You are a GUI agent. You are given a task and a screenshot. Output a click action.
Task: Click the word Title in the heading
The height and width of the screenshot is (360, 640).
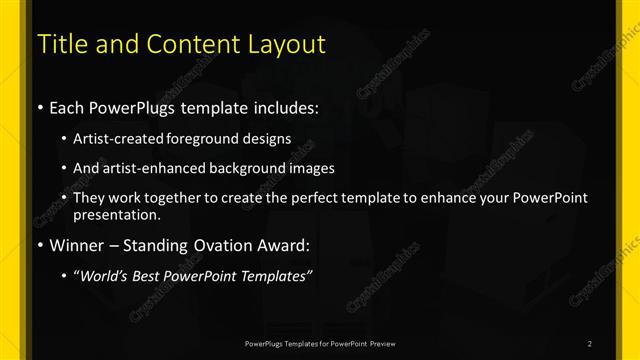tap(60, 45)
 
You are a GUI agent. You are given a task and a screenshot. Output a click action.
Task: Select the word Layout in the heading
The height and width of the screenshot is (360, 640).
tap(287, 45)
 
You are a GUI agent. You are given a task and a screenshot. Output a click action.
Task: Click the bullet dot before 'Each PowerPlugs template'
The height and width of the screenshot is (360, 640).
tap(39, 107)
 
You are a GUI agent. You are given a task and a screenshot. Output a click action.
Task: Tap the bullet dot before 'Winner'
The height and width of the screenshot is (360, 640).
tap(39, 244)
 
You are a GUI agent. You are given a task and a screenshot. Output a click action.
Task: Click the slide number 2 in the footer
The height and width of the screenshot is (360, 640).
tap(590, 344)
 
